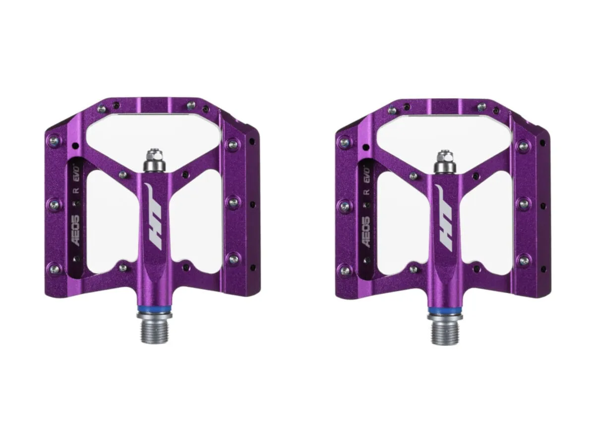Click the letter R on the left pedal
(x=77, y=190)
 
